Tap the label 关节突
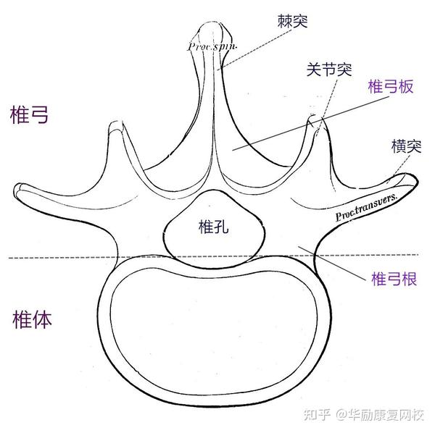(x=328, y=70)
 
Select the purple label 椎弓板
(x=391, y=88)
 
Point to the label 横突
(x=406, y=146)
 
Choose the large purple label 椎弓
(x=30, y=114)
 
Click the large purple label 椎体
(x=33, y=321)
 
